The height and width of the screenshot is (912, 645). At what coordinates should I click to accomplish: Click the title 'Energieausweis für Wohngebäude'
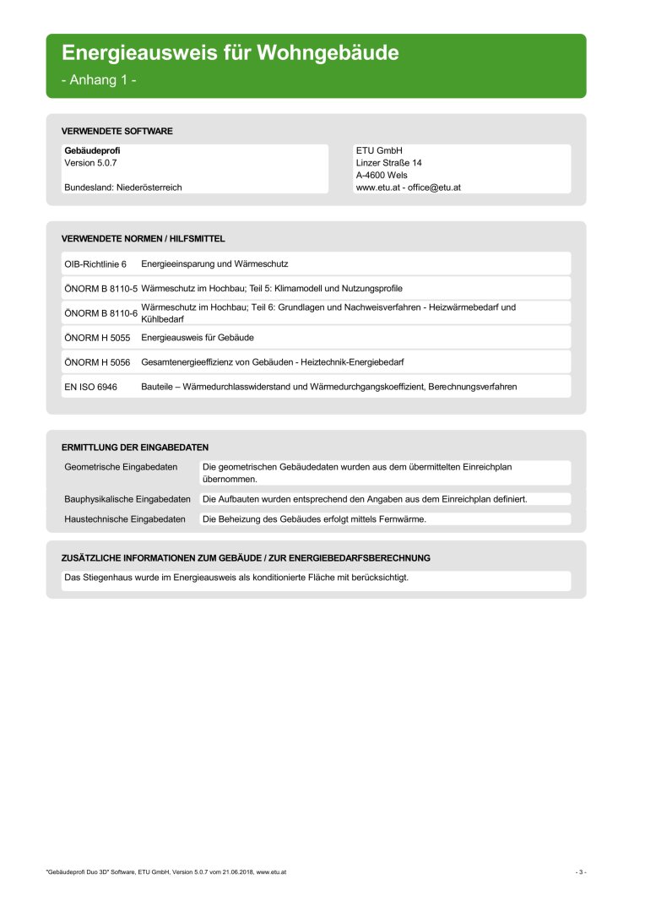[x=230, y=53]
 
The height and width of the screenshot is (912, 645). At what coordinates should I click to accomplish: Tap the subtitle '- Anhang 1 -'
[x=99, y=80]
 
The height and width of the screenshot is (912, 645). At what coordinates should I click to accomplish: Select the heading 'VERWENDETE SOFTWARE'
[x=117, y=132]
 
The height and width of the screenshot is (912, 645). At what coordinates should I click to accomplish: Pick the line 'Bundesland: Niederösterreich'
[x=123, y=187]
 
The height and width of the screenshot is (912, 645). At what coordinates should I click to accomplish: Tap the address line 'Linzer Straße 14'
[x=389, y=162]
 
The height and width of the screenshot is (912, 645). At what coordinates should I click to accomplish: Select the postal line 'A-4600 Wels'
[x=382, y=175]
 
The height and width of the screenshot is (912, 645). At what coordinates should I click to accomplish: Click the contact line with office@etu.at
[x=409, y=187]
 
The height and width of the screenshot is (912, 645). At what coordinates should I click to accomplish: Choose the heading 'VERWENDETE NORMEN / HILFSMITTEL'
[x=144, y=239]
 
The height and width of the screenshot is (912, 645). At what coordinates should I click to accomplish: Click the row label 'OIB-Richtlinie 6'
[x=95, y=264]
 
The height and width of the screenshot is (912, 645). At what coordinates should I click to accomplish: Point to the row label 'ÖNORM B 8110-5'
[x=100, y=288]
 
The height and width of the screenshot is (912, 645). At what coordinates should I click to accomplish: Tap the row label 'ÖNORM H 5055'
[x=97, y=337]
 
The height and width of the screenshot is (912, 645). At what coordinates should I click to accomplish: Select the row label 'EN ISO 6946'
[x=90, y=386]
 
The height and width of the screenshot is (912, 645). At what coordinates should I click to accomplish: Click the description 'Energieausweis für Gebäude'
[x=198, y=337]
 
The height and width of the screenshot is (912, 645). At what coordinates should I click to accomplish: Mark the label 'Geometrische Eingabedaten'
[x=121, y=466]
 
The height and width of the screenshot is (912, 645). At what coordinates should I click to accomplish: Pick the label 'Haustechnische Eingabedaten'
[x=125, y=519]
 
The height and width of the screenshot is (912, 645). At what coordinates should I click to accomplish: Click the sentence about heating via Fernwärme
[x=315, y=519]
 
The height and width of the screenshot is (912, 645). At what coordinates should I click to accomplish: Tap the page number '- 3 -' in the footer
[x=581, y=871]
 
